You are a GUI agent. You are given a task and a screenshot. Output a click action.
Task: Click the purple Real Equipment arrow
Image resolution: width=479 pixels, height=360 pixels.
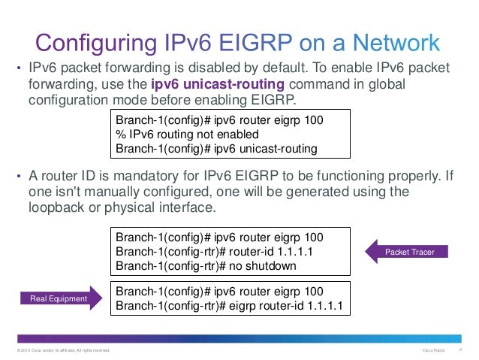59,299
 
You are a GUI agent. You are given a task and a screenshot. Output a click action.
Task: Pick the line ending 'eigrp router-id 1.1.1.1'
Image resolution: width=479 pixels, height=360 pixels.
229,306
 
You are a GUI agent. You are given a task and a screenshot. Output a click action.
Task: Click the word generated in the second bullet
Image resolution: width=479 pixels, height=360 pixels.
296,192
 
